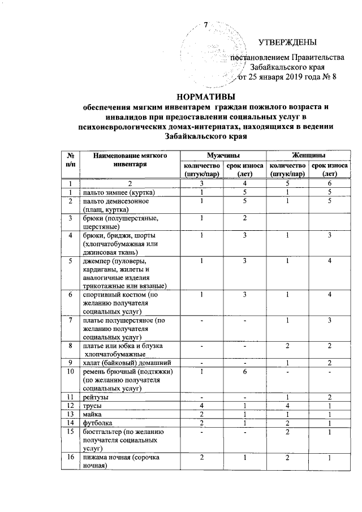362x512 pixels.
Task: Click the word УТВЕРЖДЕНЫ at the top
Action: pyautogui.click(x=287, y=42)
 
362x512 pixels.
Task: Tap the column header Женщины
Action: pyautogui.click(x=308, y=155)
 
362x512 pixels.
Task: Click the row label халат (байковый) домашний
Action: pyautogui.click(x=123, y=362)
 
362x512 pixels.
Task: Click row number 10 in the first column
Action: pyautogui.click(x=71, y=371)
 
